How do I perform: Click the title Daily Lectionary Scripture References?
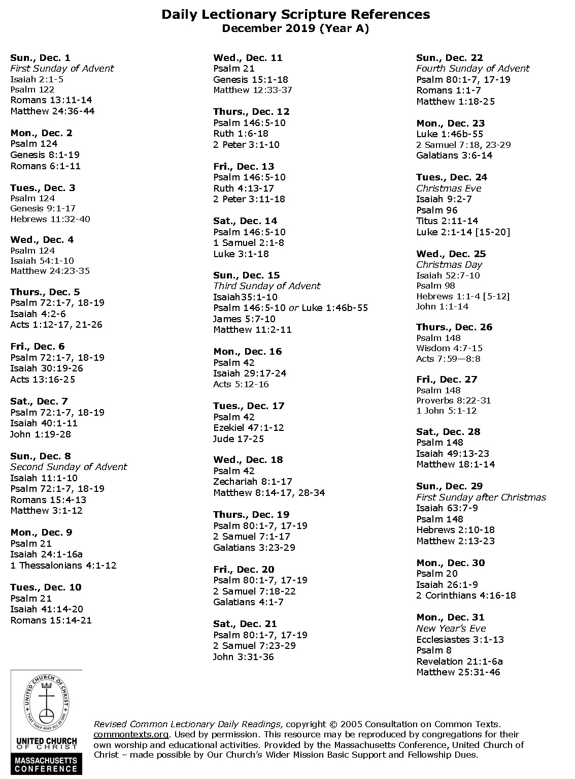(295, 15)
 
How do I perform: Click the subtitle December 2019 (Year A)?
(295, 28)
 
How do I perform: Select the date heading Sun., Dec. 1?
(41, 57)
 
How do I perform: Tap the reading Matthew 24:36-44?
(52, 111)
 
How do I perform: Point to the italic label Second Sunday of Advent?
(69, 466)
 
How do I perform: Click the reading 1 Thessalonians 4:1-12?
(63, 565)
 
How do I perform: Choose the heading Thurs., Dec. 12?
(251, 112)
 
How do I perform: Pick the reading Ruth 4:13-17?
(244, 188)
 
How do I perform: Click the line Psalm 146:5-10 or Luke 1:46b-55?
(290, 308)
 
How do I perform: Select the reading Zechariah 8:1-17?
(252, 481)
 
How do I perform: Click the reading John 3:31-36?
(243, 657)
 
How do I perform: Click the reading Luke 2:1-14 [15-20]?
(463, 232)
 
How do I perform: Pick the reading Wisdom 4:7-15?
(449, 348)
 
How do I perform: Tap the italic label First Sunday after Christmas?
(481, 497)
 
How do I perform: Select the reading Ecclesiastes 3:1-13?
(460, 639)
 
